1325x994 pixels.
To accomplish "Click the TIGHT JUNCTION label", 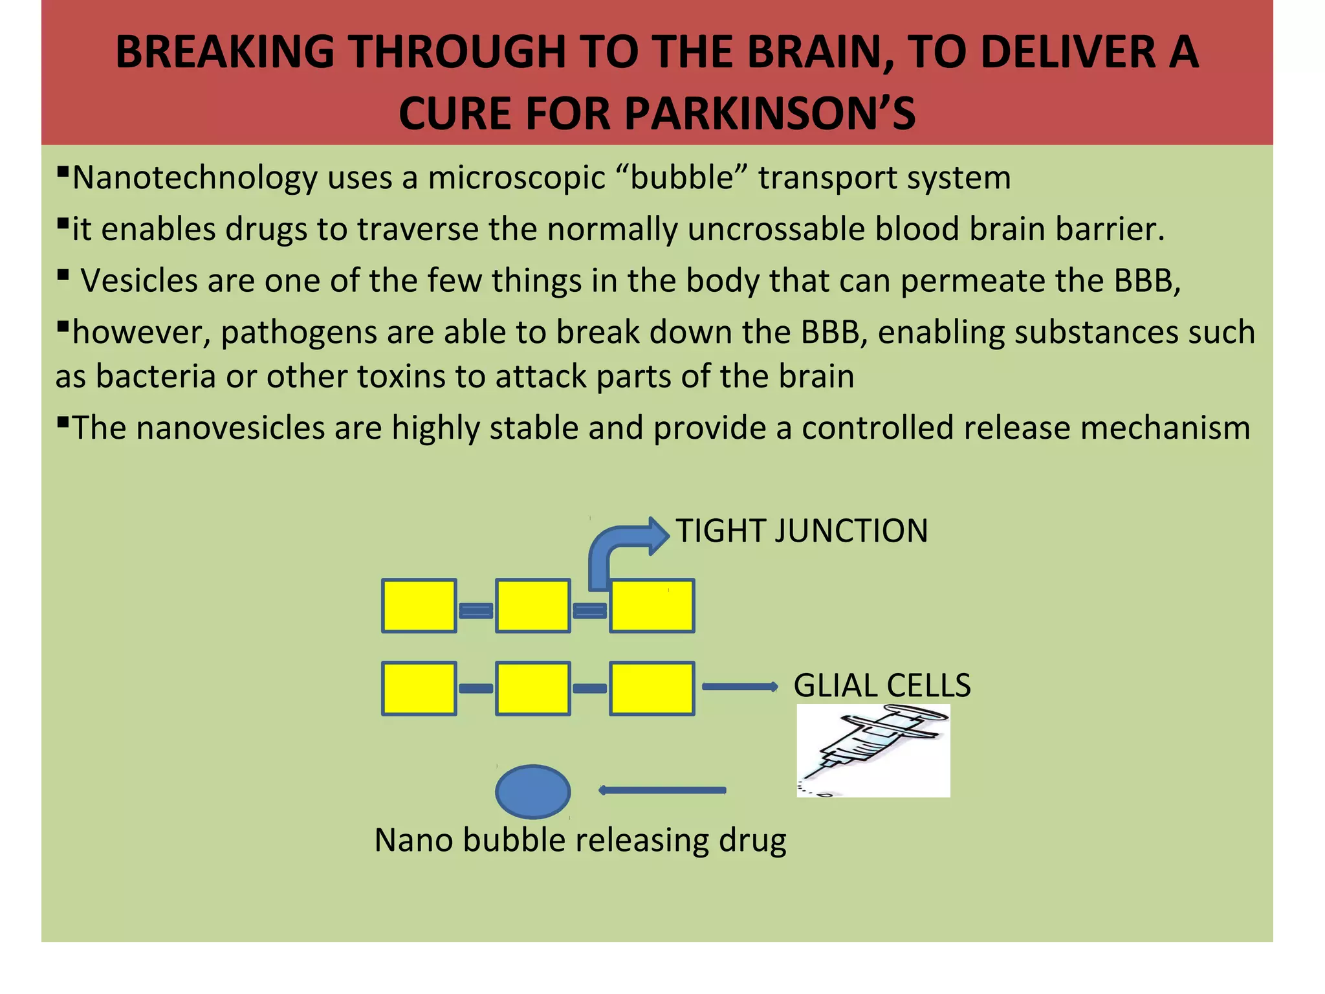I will [x=802, y=531].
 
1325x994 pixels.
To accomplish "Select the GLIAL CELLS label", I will [x=882, y=685].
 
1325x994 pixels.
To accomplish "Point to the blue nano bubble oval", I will [x=532, y=791].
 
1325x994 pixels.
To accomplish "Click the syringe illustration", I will [x=873, y=751].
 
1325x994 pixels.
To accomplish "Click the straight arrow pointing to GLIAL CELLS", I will [x=739, y=687].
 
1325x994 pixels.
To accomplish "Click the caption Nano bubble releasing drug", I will [x=580, y=841].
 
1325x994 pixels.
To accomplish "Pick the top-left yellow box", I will [x=419, y=606].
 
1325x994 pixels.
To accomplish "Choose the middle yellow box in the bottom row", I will [x=532, y=689].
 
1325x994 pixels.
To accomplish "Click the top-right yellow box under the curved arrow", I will [x=652, y=606].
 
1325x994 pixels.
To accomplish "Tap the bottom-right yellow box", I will [x=652, y=689].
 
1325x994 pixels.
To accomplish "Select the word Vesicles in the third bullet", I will [x=138, y=281].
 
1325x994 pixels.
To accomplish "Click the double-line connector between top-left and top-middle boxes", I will [x=476, y=610].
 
